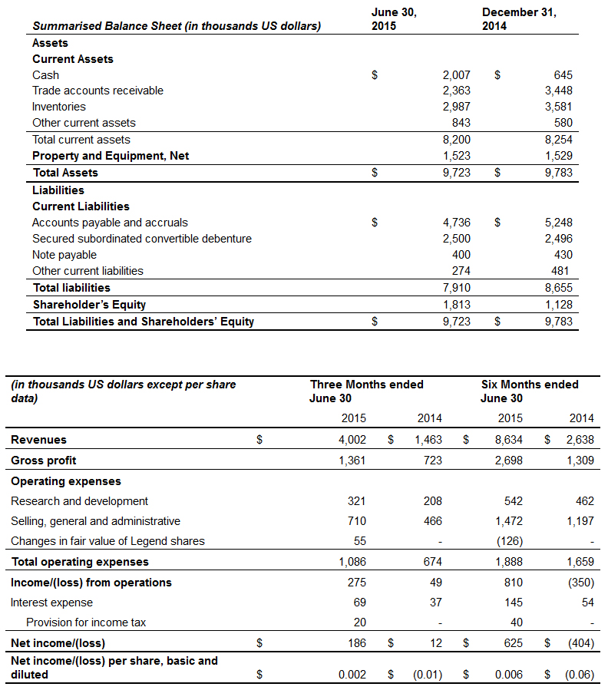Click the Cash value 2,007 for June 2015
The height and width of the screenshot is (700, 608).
coord(456,75)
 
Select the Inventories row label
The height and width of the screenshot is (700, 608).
coord(59,107)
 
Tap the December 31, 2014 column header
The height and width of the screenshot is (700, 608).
coord(519,19)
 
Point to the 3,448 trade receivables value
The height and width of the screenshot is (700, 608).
coord(558,91)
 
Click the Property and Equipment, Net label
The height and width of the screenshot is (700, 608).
coord(111,156)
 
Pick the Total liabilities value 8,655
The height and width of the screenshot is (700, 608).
coord(558,288)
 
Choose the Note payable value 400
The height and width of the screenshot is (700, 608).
coord(461,255)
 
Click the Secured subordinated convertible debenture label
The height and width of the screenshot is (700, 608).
coord(142,239)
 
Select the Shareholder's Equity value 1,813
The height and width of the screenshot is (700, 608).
coord(456,305)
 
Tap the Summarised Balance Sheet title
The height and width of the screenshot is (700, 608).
coord(177,27)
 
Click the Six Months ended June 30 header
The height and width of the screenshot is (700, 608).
coord(530,391)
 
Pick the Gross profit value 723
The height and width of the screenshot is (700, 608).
coord(432,461)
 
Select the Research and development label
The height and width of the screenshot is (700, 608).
coord(80,501)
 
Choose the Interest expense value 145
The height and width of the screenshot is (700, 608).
coord(514,603)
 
